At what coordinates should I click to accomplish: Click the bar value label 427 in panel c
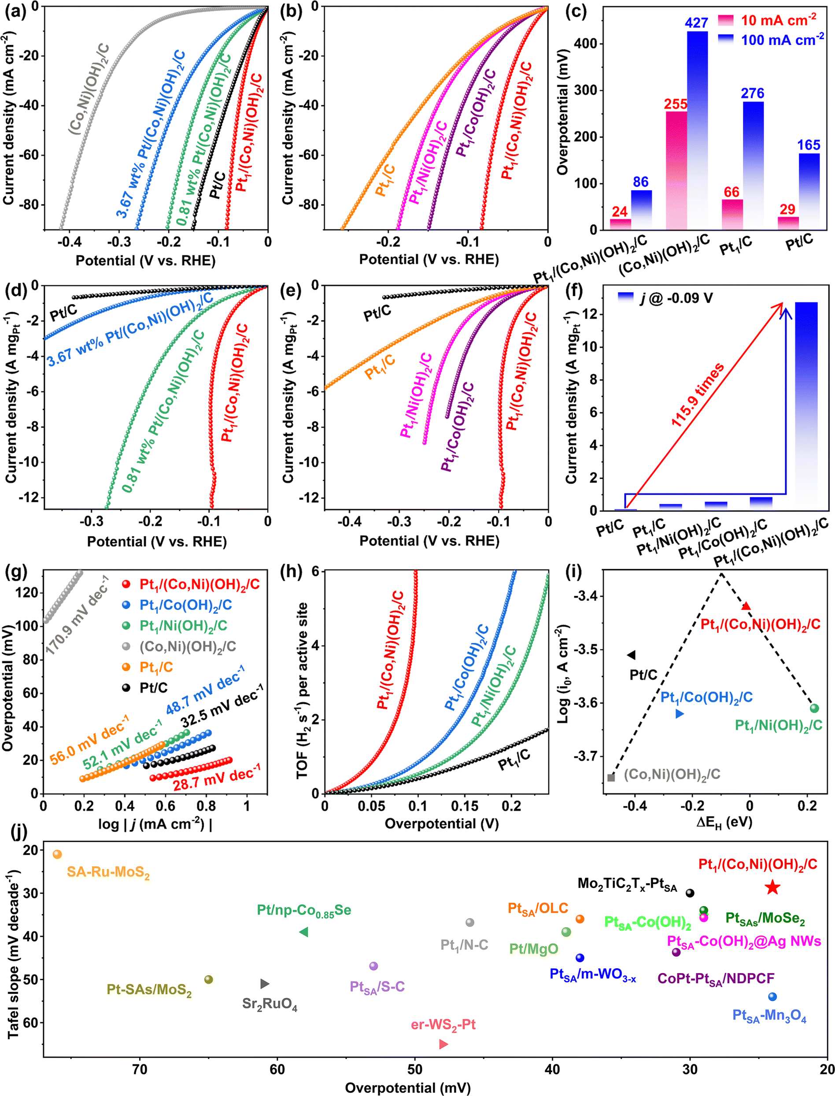tap(696, 23)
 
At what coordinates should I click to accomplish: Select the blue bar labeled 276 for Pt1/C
tap(753, 164)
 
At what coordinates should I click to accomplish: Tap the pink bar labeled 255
tap(676, 169)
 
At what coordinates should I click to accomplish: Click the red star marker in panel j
tap(772, 887)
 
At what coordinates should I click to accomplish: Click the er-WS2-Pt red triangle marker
tap(443, 1044)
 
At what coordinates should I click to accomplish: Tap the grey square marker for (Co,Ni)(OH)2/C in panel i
tap(611, 777)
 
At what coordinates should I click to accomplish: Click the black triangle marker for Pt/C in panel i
tap(631, 655)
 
